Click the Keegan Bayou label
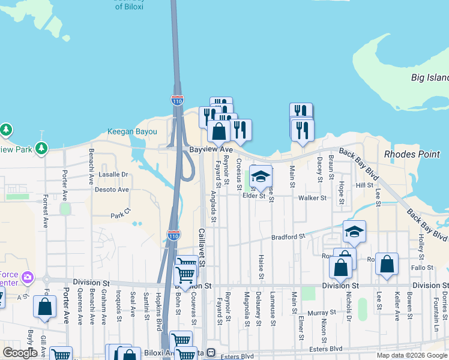tap(132, 131)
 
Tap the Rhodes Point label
tap(412, 154)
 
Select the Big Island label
tap(429, 77)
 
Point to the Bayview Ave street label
tap(210, 149)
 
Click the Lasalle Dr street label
tap(114, 175)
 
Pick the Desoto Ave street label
tap(112, 190)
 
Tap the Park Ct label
tap(120, 215)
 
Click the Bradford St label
tap(288, 237)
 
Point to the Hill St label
tap(364, 185)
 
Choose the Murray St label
tap(322, 313)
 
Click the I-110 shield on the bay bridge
tap(177, 100)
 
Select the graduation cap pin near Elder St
tap(261, 176)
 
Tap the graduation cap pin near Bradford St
tap(354, 232)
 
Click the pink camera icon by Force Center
tap(27, 277)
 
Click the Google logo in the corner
tap(20, 353)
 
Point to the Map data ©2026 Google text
tap(411, 355)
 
